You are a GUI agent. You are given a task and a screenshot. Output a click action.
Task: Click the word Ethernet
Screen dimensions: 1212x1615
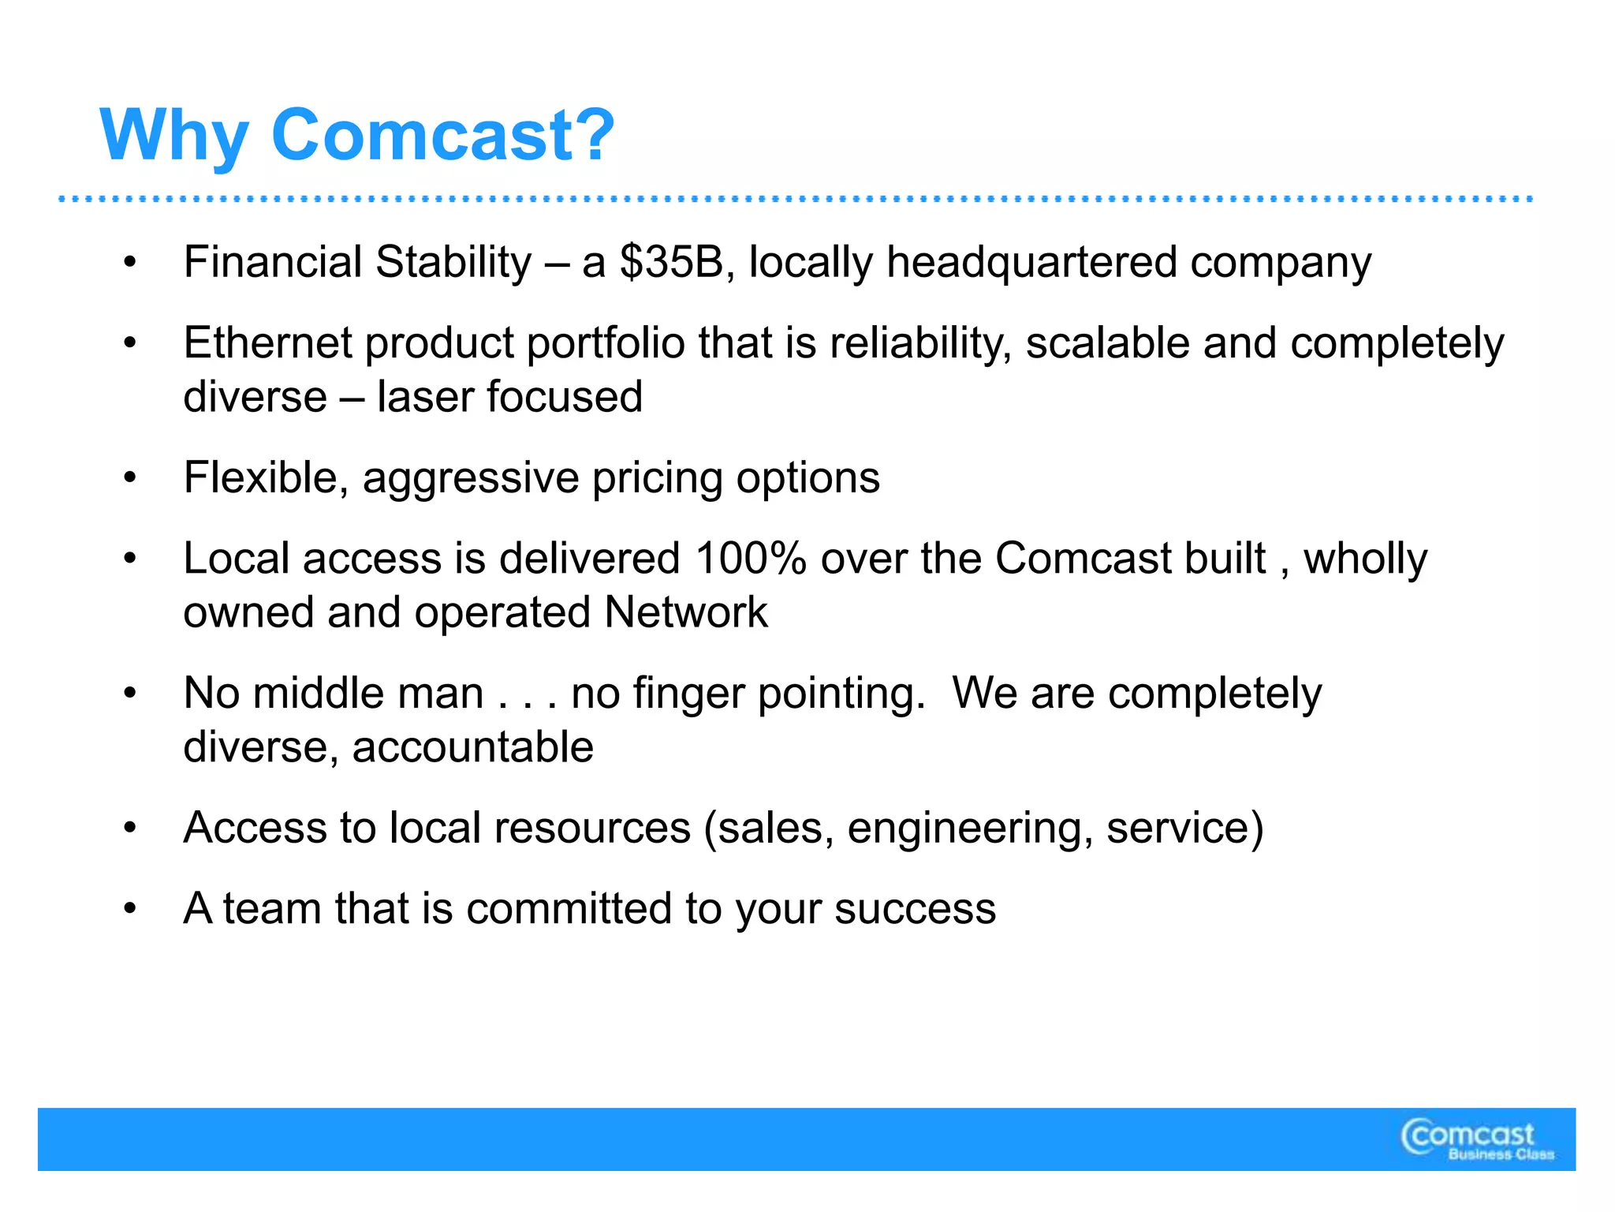click(x=267, y=343)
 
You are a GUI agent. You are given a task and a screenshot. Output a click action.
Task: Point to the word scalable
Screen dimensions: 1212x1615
click(x=1107, y=343)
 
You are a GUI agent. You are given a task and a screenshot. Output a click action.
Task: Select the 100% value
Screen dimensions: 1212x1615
click(x=751, y=559)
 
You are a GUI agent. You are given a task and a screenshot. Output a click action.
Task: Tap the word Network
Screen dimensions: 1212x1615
click(x=685, y=612)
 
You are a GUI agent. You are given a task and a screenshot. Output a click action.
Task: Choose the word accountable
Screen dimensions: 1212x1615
click(x=472, y=747)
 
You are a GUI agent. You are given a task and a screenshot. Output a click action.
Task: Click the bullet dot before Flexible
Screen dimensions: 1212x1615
click(x=130, y=478)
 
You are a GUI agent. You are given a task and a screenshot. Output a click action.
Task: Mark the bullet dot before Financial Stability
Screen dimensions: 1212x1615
click(x=130, y=263)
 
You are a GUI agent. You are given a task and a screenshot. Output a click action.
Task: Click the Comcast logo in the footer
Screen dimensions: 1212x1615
click(x=1468, y=1135)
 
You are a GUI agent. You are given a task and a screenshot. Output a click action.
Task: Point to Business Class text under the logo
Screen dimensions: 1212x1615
click(x=1501, y=1155)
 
